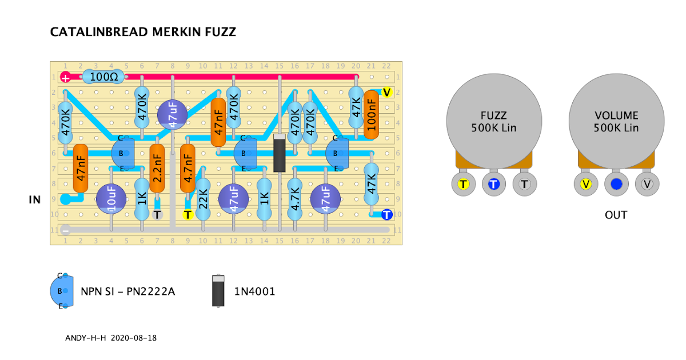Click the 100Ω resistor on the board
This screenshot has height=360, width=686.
pyautogui.click(x=103, y=77)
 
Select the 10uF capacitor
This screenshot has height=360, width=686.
pyautogui.click(x=111, y=199)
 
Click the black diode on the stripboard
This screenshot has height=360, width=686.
pyautogui.click(x=280, y=153)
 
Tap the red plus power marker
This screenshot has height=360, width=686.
pyautogui.click(x=66, y=78)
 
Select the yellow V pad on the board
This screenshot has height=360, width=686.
pyautogui.click(x=386, y=93)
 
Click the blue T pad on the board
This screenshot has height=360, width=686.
pyautogui.click(x=386, y=215)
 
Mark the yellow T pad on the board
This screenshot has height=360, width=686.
pyautogui.click(x=188, y=215)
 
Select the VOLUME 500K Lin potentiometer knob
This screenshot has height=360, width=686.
pyautogui.click(x=616, y=121)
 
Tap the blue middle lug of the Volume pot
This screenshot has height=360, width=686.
pyautogui.click(x=616, y=184)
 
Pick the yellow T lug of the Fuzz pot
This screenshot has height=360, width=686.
pyautogui.click(x=463, y=184)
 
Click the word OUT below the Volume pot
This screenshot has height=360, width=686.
pyautogui.click(x=616, y=215)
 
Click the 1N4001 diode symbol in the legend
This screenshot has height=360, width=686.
pyautogui.click(x=217, y=291)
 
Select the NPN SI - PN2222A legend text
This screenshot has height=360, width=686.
pyautogui.click(x=127, y=291)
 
